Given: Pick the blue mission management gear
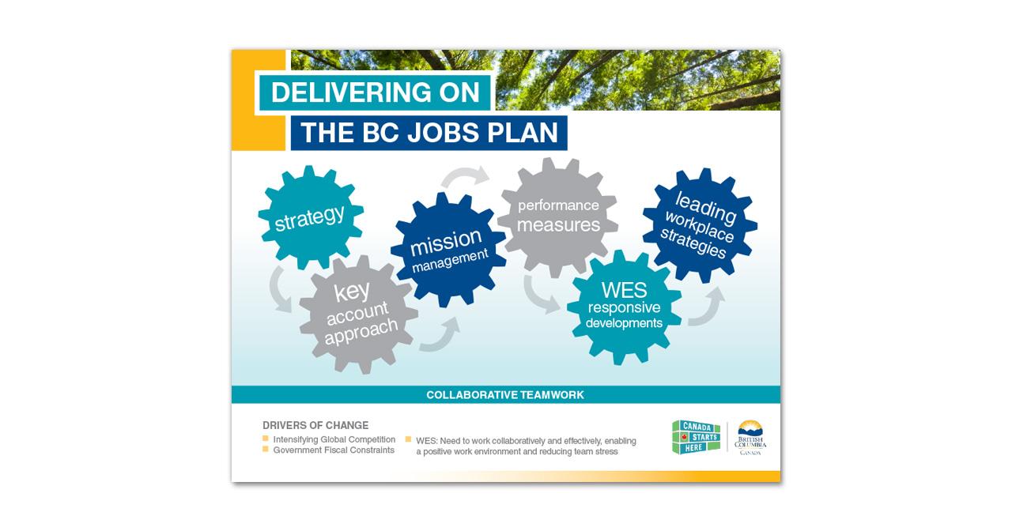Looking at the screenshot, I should [x=447, y=248].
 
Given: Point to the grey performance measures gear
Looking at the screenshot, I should [x=558, y=216].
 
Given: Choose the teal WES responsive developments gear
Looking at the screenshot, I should [x=624, y=306].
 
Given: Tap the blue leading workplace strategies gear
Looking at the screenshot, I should [x=700, y=225].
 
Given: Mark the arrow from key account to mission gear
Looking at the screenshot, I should [x=440, y=335].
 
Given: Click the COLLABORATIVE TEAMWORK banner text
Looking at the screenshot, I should [x=505, y=394].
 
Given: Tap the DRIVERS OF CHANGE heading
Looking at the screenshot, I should [x=315, y=425].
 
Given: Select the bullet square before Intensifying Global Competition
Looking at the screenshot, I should [x=266, y=439].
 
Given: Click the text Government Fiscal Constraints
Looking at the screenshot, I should [x=334, y=450].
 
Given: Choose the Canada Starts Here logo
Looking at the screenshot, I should [x=696, y=437].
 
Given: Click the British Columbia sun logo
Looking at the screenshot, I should [x=750, y=437].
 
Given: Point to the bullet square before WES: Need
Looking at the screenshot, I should [x=408, y=439].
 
